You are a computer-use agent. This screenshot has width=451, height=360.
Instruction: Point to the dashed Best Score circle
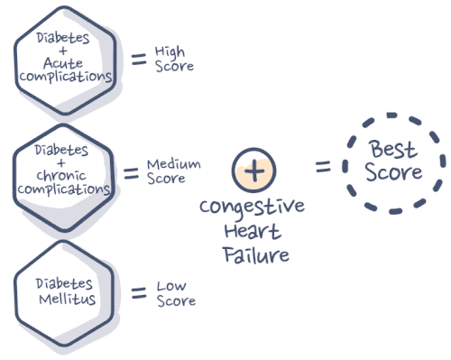(x=393, y=163)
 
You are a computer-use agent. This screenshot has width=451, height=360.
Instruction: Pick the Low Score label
(x=175, y=293)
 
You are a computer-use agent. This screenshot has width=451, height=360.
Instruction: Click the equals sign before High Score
(x=139, y=60)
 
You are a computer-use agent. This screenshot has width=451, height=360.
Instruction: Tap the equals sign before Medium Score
(x=130, y=171)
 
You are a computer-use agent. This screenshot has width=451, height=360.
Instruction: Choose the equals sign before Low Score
(x=139, y=293)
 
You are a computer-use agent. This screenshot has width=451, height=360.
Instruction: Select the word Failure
(x=255, y=254)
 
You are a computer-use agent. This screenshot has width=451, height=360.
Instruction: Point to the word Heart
(x=256, y=234)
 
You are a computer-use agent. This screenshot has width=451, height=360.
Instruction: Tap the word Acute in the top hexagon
(x=64, y=63)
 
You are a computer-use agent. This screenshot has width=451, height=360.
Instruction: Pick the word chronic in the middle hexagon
(x=64, y=176)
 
